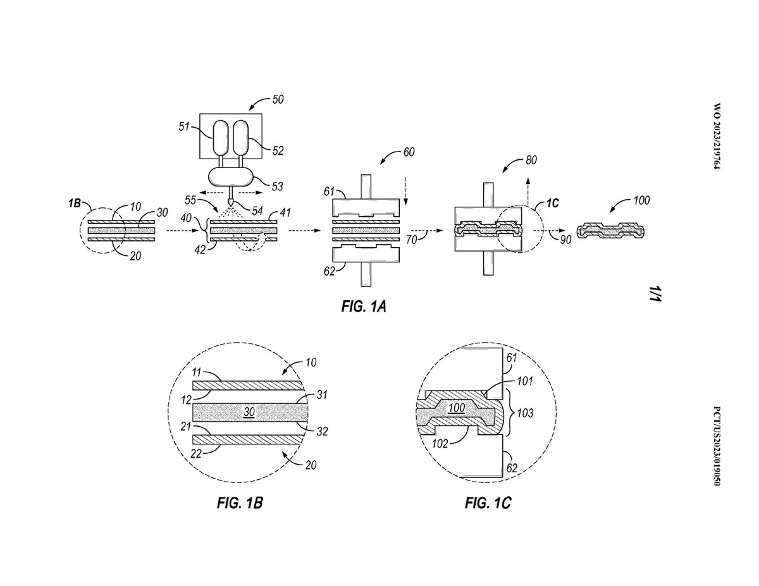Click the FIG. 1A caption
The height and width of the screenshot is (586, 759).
tap(363, 307)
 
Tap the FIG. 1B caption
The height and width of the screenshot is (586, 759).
tap(240, 503)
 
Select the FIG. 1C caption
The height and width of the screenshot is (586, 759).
tap(488, 503)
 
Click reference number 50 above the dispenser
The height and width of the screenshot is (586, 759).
tap(278, 99)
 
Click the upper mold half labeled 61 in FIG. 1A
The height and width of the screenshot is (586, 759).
tap(366, 207)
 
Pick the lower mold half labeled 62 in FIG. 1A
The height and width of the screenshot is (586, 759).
tap(366, 253)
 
